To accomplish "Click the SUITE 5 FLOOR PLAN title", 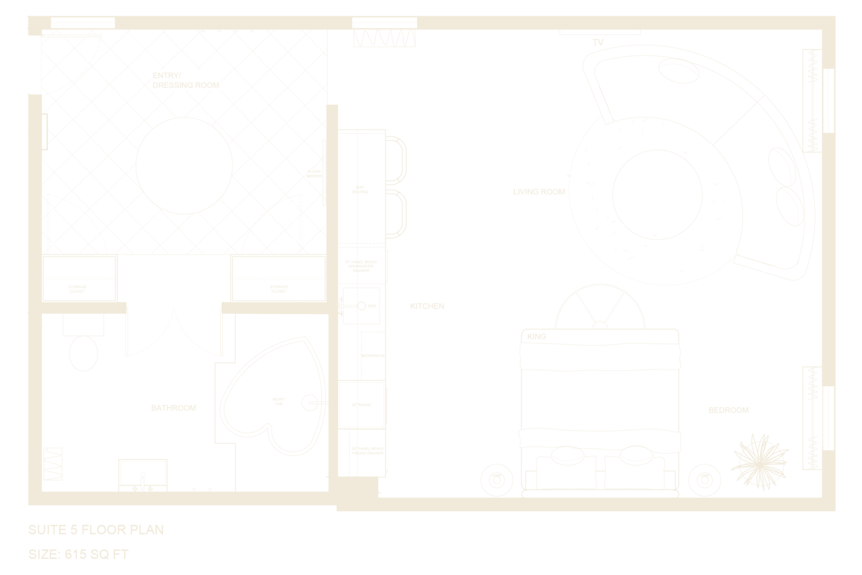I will point(96,530).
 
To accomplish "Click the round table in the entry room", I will point(184,165).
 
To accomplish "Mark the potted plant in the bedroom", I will point(760,460).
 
